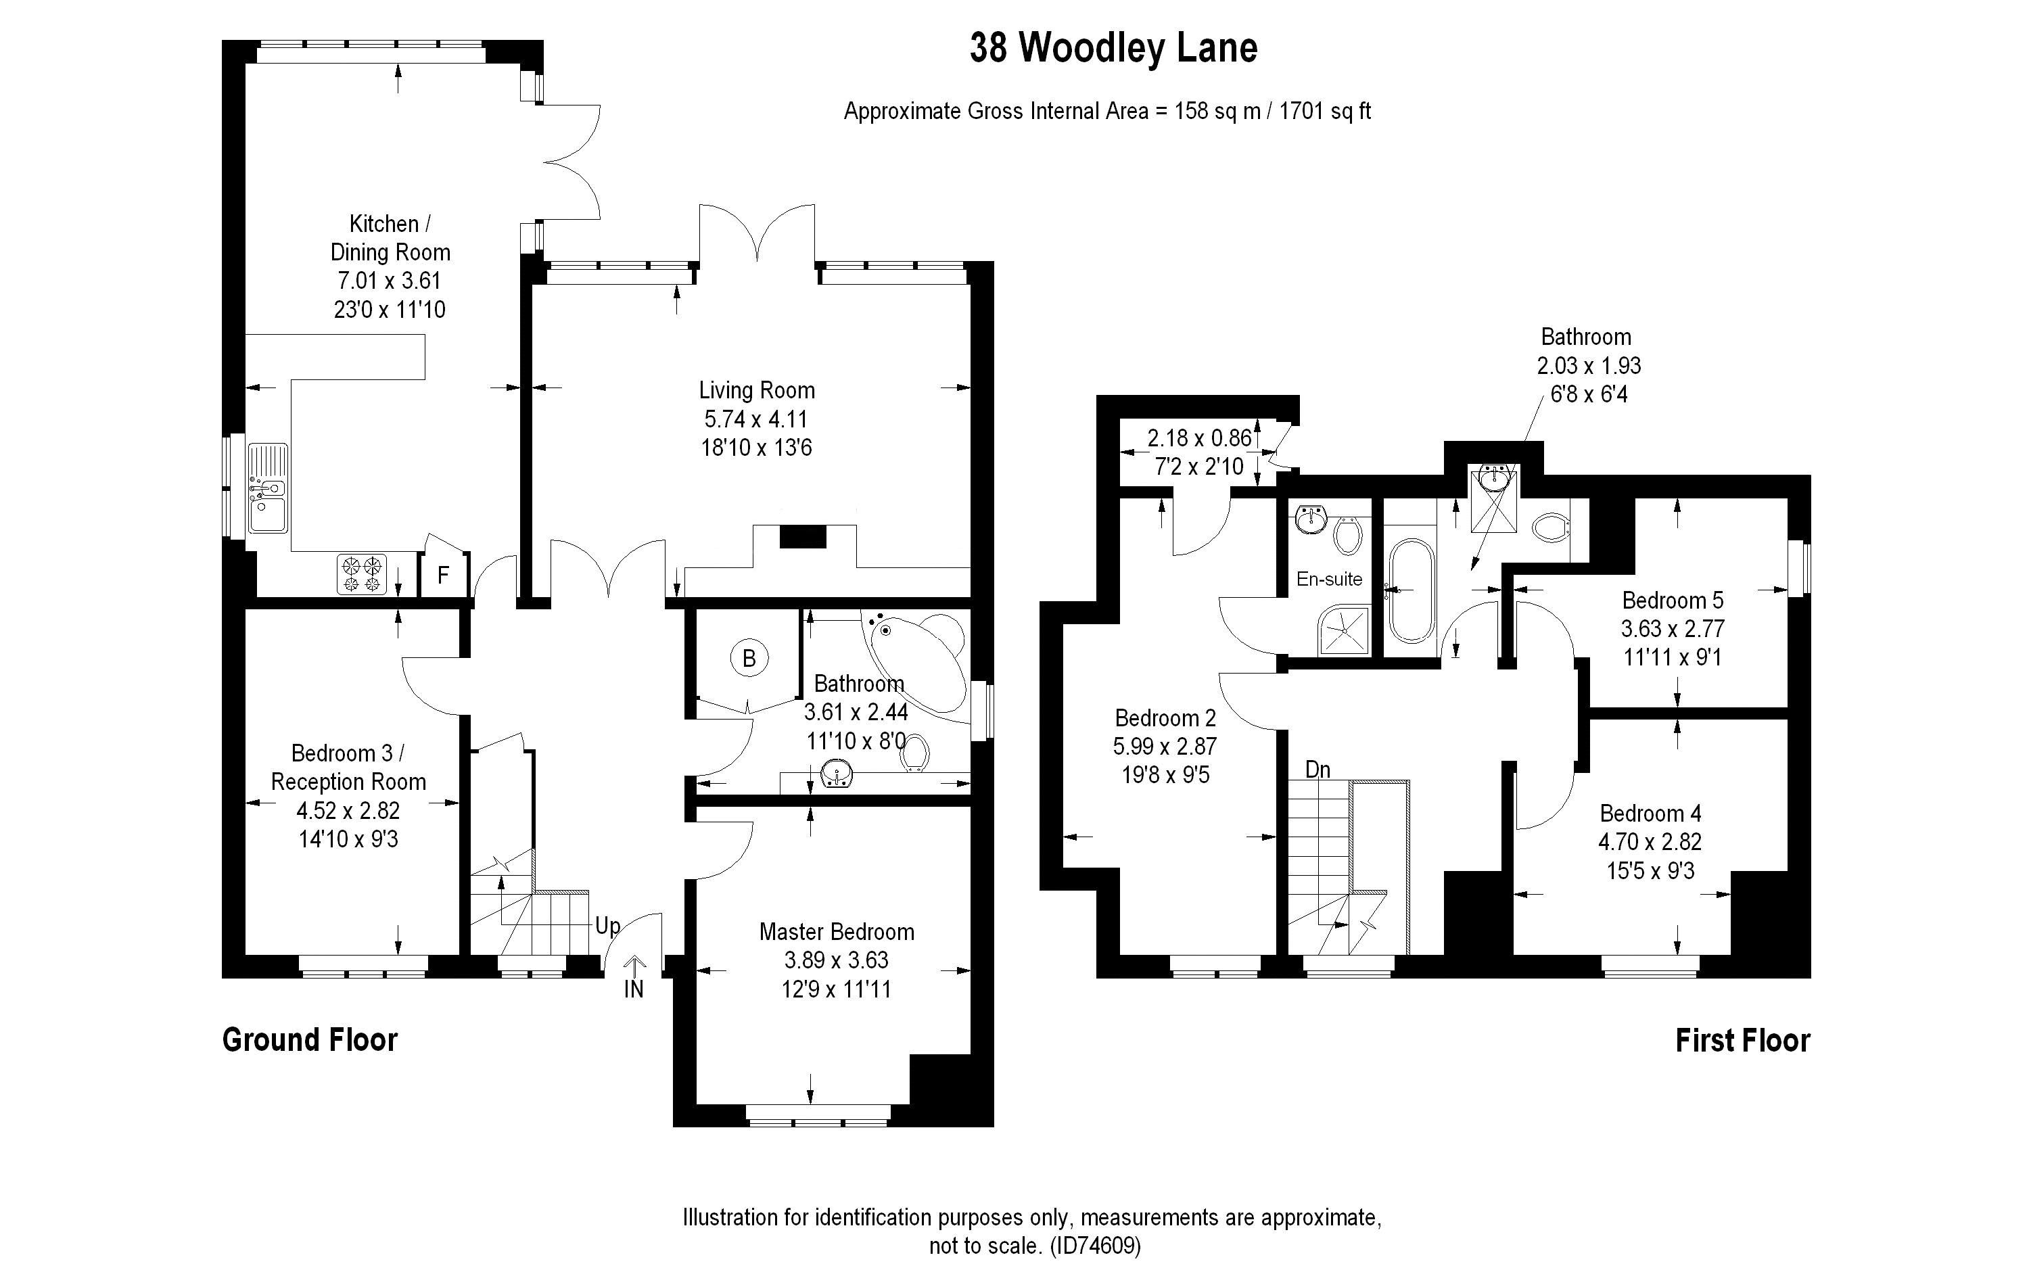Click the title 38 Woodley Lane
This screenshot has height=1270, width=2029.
coord(1114,49)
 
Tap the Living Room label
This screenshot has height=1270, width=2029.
coord(757,391)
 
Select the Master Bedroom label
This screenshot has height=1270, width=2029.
coord(837,931)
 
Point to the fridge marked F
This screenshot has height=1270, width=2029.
coord(442,575)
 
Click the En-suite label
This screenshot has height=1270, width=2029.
coord(1328,579)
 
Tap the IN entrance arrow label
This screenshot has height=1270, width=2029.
coord(634,989)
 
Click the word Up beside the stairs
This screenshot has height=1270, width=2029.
coord(607,926)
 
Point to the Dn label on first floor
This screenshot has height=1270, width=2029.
coord(1317,770)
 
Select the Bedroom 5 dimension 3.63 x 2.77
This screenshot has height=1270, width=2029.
coord(1672,629)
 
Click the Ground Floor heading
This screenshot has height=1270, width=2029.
coord(310,1040)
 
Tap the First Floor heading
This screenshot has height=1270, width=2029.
coord(1743,1041)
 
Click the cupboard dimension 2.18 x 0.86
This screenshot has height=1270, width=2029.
coord(1199,438)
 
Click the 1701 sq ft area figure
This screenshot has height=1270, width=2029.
coord(1324,111)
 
